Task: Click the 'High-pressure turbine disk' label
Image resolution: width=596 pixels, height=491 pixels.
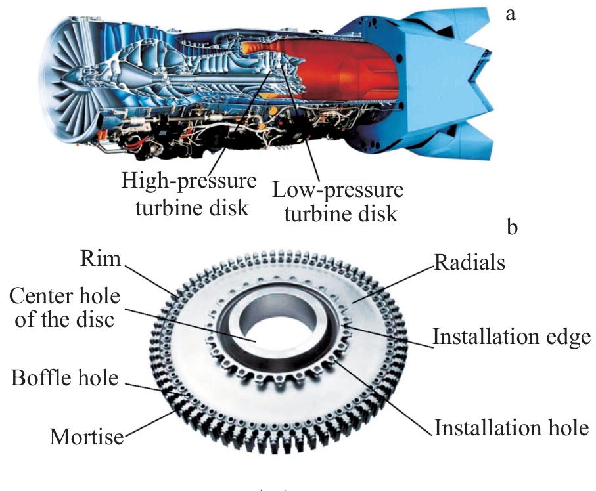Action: tap(189, 194)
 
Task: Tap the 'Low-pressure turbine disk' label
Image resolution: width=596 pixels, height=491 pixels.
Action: tap(338, 202)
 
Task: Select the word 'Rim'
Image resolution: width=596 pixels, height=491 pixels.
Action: tap(101, 259)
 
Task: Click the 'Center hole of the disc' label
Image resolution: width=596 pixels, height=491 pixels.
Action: tap(64, 307)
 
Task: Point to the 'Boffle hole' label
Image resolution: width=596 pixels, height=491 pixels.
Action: tap(64, 378)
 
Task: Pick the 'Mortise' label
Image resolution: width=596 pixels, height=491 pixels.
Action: tap(87, 437)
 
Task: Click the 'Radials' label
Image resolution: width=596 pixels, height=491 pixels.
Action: tap(470, 263)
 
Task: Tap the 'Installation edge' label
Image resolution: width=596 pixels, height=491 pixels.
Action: tap(512, 337)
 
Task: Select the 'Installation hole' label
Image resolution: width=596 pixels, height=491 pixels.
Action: tap(512, 427)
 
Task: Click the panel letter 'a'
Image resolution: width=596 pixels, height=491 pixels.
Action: tap(511, 15)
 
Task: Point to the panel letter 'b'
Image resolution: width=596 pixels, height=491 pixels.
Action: tap(512, 227)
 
